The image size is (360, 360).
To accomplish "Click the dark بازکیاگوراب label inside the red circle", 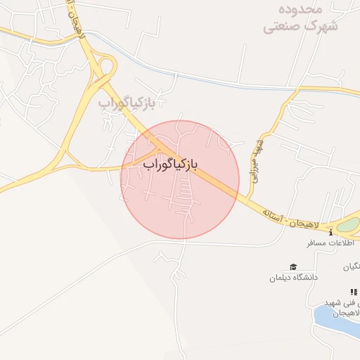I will (x=170, y=165).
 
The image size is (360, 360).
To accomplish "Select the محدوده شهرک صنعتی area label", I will (x=301, y=18).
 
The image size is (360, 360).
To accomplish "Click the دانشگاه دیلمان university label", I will (x=293, y=277).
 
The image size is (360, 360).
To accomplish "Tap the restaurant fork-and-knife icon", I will (x=354, y=292).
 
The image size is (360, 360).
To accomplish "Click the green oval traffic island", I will (x=348, y=225).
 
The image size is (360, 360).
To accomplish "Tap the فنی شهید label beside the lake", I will (x=342, y=302).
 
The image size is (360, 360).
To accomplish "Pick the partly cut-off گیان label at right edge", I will (x=351, y=266).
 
